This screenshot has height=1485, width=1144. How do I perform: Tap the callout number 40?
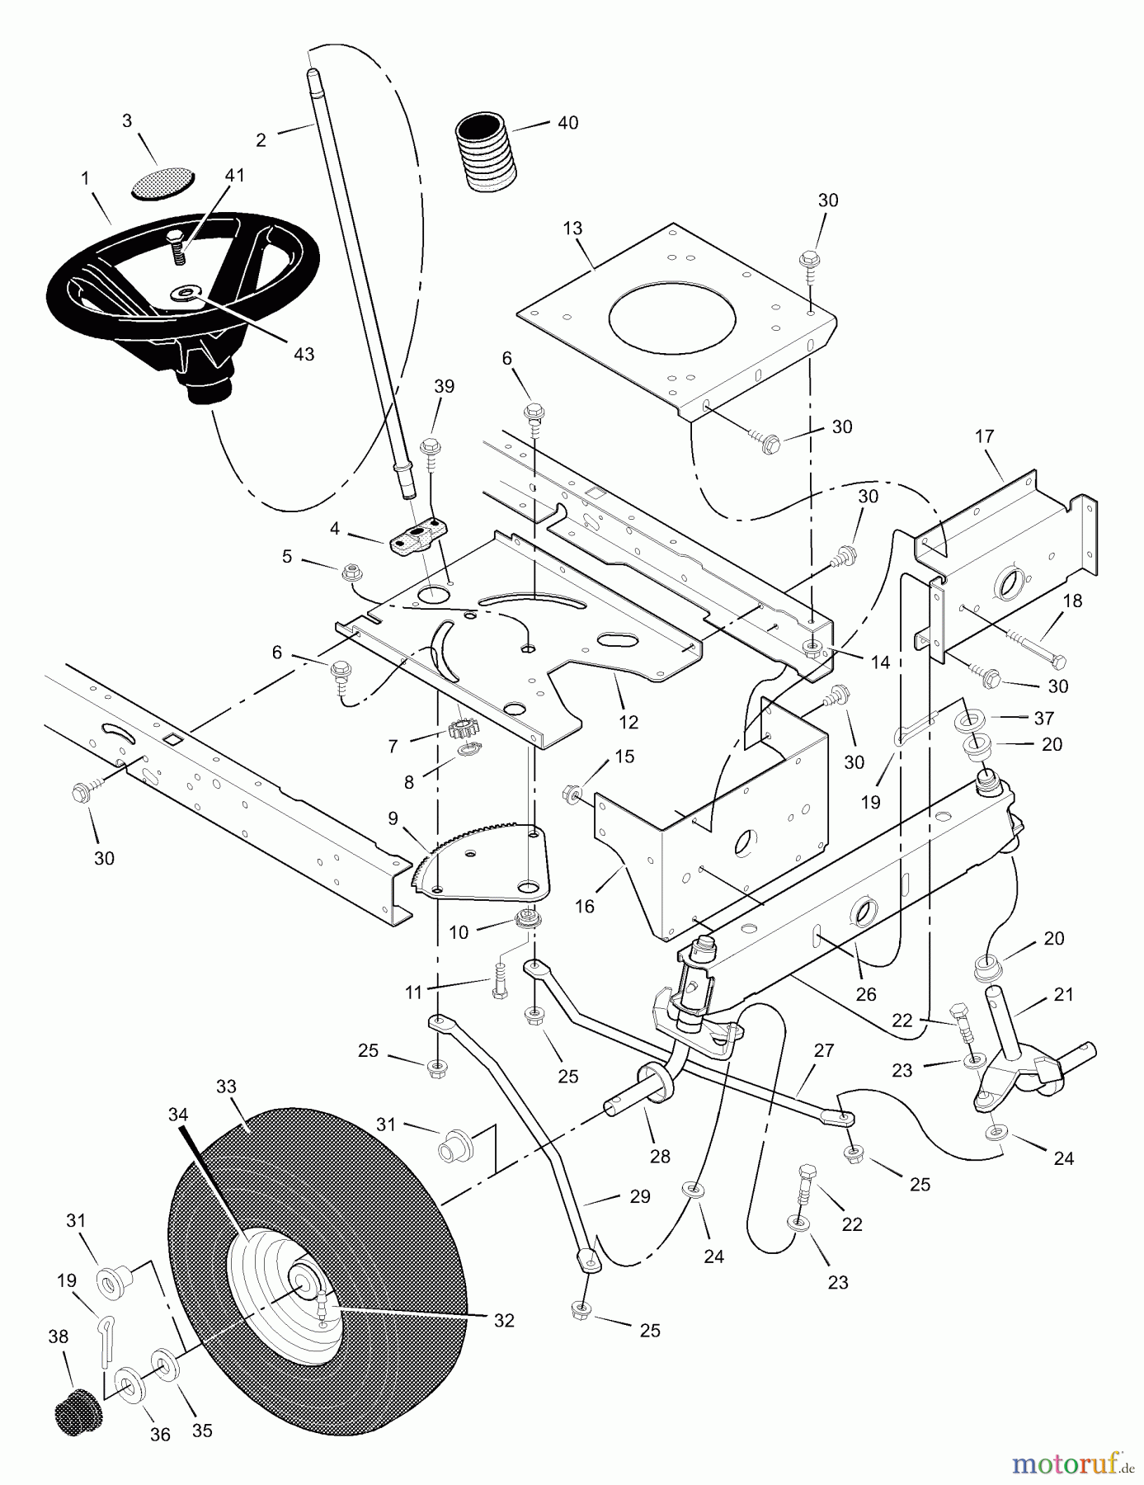tap(567, 123)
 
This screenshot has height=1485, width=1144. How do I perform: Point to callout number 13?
tap(572, 228)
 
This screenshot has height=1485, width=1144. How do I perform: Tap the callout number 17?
tap(985, 436)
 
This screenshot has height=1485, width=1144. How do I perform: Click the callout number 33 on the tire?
tap(226, 1087)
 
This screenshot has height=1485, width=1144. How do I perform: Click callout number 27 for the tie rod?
tap(823, 1051)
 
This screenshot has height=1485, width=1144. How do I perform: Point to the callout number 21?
tap(1064, 995)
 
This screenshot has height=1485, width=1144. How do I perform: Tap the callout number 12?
tap(628, 723)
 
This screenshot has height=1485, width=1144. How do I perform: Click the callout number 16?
tap(584, 907)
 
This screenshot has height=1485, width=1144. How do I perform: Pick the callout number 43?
tap(304, 354)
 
